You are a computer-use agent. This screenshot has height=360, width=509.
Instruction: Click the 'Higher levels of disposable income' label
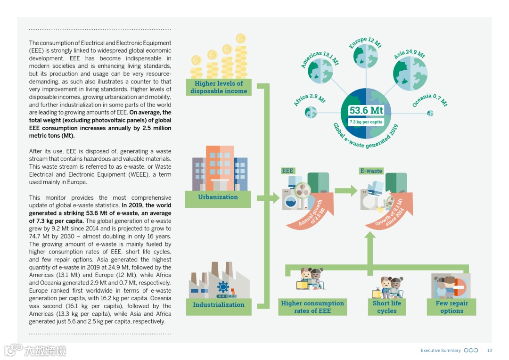click(219, 87)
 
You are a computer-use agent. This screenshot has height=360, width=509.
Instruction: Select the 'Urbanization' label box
click(218, 197)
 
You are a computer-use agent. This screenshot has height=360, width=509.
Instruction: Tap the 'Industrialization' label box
click(218, 304)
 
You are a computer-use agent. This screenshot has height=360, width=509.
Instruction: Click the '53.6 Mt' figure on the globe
click(366, 111)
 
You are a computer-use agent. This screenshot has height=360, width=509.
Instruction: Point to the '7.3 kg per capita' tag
click(366, 122)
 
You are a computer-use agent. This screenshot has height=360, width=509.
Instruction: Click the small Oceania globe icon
click(430, 113)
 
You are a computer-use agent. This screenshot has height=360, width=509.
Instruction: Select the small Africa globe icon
click(311, 112)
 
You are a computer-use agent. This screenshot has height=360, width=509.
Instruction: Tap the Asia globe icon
click(410, 74)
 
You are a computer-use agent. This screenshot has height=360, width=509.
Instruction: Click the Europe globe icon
click(365, 56)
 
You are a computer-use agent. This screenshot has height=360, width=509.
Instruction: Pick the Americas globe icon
click(320, 71)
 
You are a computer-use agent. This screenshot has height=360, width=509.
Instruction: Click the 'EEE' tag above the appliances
click(287, 171)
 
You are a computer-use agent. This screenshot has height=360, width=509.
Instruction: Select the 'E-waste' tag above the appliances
click(371, 171)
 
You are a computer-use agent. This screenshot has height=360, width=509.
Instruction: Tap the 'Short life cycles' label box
click(386, 307)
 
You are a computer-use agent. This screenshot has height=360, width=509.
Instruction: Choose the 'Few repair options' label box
click(452, 307)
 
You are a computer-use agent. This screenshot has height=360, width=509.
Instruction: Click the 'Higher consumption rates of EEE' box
click(312, 307)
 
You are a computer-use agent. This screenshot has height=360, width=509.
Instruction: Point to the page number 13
click(489, 351)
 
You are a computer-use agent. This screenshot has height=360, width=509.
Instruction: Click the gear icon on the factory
click(223, 286)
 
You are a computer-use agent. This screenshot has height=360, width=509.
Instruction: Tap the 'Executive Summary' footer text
click(441, 351)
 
